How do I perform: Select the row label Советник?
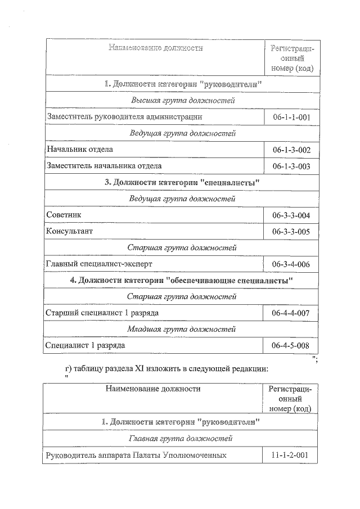coord(64,215)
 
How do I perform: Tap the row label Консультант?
coord(70,231)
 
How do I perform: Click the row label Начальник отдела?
coord(80,150)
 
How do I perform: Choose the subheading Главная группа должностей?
coord(181,438)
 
